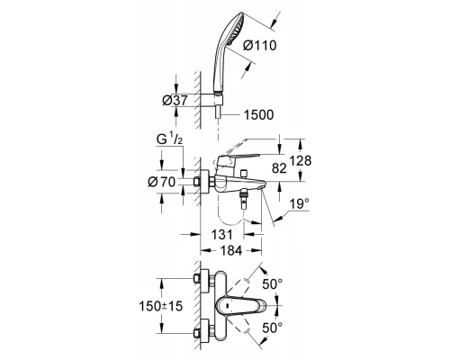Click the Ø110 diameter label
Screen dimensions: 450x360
tap(259, 46)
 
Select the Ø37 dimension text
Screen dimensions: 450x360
tap(175, 101)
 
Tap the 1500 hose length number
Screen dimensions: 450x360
tap(258, 115)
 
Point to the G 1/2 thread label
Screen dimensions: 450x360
tap(169, 139)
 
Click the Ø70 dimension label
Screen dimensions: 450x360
tap(162, 182)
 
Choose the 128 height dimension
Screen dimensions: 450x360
tap(301, 161)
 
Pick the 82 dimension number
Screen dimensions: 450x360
tap(279, 168)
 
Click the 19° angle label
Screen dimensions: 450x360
tap(300, 204)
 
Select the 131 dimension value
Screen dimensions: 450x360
tap(222, 234)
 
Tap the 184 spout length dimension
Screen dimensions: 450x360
tap(231, 250)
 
